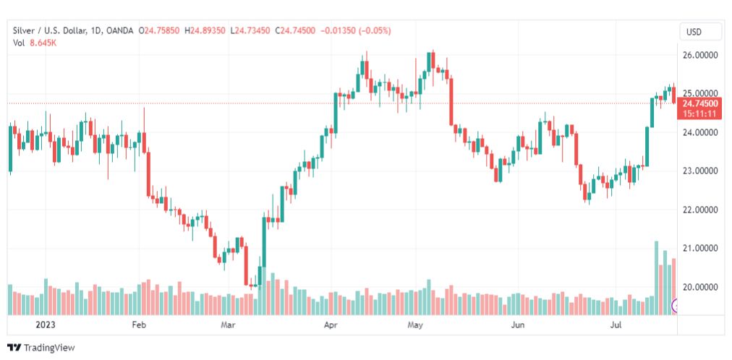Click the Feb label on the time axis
click(139, 326)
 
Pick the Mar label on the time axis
click(228, 326)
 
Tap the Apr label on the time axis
click(331, 326)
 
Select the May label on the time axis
click(415, 326)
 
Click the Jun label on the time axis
click(518, 326)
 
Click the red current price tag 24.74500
click(699, 103)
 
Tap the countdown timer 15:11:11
click(699, 113)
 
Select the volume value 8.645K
click(43, 43)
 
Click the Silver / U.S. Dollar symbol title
click(49, 30)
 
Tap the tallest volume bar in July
click(656, 278)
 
